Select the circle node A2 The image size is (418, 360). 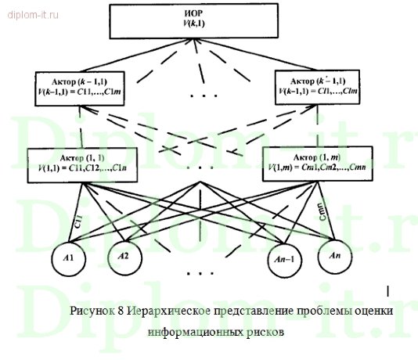point(122,256)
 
